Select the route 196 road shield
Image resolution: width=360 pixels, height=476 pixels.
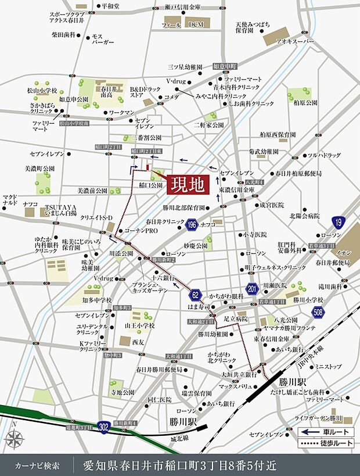192,223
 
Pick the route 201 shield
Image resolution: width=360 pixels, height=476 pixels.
251,289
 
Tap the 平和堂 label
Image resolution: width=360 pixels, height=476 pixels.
110,6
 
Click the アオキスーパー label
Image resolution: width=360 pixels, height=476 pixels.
294,42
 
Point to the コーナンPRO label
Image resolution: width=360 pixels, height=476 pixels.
142,231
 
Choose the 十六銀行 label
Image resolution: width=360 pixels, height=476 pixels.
164,278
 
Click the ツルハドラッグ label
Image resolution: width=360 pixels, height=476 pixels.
324,155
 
